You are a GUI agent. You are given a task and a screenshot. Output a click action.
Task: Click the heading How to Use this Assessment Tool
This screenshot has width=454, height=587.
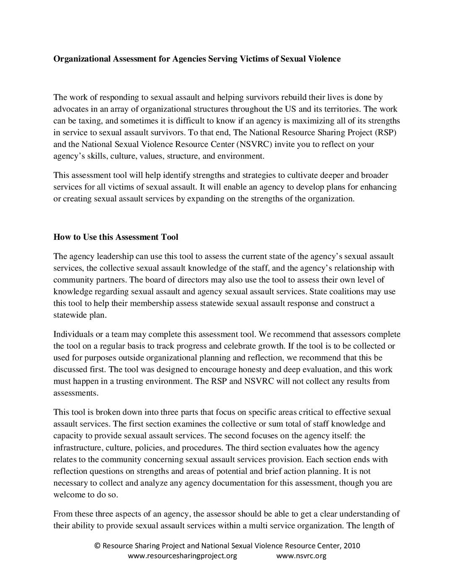[115, 237]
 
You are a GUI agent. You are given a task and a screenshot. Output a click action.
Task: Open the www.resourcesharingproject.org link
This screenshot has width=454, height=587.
[182, 556]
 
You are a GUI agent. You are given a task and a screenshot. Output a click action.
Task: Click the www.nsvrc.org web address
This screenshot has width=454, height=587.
[301, 556]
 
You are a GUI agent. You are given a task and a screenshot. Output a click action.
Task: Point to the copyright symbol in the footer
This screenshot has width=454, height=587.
[97, 546]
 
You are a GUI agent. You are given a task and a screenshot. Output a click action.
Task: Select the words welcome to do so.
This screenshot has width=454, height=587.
[86, 495]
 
